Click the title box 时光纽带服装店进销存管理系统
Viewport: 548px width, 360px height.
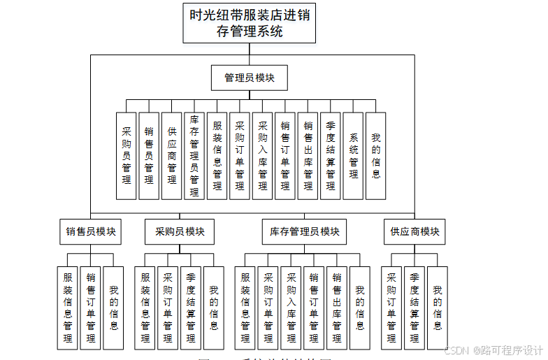pos(250,23)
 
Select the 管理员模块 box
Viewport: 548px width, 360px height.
pos(250,78)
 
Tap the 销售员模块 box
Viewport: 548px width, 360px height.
pos(91,231)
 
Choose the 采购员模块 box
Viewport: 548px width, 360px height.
pos(180,231)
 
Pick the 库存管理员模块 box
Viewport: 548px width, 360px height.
pos(305,231)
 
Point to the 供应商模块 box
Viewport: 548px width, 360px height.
pos(414,231)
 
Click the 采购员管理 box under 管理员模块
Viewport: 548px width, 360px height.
pos(127,156)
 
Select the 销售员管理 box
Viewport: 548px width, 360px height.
pos(149,156)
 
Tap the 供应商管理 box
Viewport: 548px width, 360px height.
pos(172,156)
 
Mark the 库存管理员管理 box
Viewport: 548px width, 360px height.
pos(194,156)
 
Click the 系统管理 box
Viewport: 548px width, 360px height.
pos(354,156)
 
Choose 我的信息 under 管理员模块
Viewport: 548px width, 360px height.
pos(376,156)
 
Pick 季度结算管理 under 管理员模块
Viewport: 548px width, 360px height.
pos(331,156)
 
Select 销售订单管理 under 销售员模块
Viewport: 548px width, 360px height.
pos(91,308)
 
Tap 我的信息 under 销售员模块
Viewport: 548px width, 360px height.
pos(113,308)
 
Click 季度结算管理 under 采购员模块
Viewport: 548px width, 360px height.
pos(191,308)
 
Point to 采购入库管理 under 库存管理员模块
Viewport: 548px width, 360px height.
pos(291,308)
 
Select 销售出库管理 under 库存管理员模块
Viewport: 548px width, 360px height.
pos(337,308)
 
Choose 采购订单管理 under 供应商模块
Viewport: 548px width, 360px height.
pos(391,308)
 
